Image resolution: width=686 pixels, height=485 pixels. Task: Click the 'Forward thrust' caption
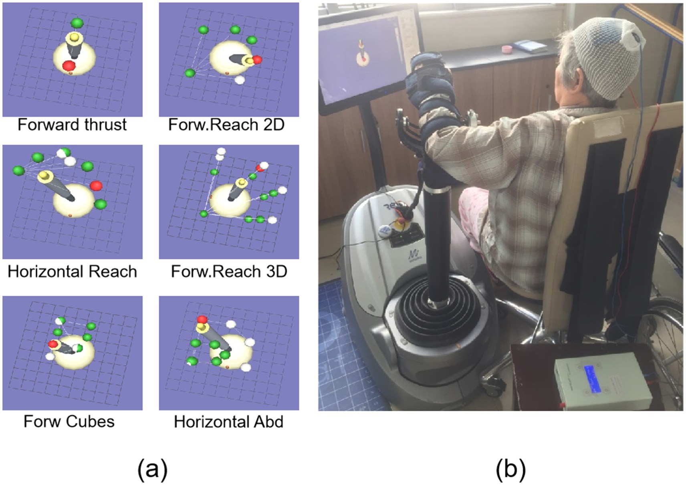(72, 125)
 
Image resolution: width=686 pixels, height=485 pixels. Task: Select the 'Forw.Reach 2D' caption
(226, 125)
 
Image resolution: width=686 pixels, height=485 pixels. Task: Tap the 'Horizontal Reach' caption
(72, 272)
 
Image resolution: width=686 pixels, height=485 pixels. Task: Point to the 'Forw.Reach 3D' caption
(229, 272)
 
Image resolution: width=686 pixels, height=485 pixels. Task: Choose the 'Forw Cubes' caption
(69, 422)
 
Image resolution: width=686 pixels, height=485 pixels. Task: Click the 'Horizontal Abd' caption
(228, 422)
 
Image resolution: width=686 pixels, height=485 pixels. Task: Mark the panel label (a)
(152, 469)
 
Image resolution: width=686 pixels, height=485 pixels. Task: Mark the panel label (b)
(510, 469)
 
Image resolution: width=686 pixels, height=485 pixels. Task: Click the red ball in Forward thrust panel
(69, 65)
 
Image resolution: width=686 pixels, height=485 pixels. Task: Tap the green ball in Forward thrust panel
(77, 23)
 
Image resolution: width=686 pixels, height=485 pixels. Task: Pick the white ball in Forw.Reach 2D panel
(240, 80)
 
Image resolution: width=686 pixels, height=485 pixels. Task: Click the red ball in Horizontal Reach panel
(96, 186)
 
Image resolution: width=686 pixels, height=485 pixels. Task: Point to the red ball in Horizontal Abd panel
(202, 319)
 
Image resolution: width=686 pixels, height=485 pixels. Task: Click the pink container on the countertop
(508, 49)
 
